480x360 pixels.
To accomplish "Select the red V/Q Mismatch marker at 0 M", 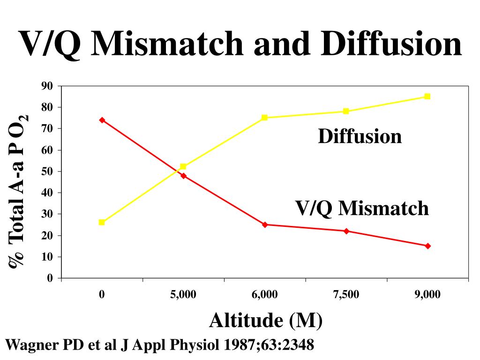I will point(102,120).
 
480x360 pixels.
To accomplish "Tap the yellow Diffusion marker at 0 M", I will point(102,222).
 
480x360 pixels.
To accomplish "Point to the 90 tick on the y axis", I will point(47,86).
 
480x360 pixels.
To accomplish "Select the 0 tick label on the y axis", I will point(50,278).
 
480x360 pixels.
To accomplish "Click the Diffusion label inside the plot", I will point(360,136).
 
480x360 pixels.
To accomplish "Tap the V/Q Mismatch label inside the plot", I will point(361,208).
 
